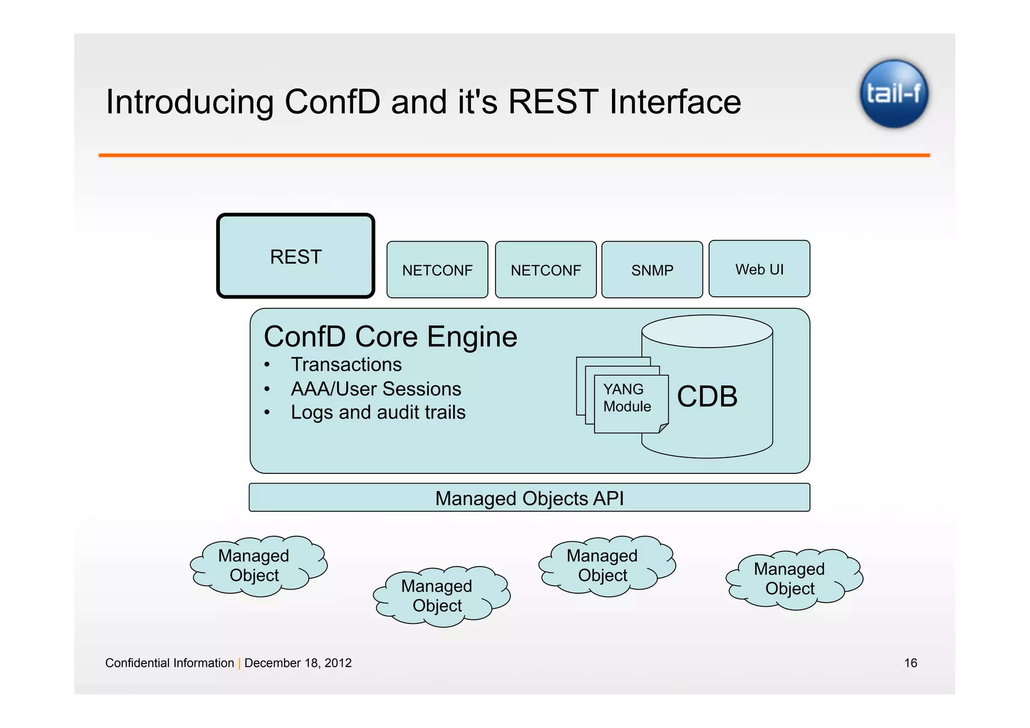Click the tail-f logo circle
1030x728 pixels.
[894, 94]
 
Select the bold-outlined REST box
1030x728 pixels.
[296, 256]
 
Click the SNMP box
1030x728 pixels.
[652, 270]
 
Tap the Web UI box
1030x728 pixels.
[759, 269]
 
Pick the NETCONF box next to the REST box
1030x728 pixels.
[437, 270]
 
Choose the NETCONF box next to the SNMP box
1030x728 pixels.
[546, 270]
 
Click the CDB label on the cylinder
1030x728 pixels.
[707, 396]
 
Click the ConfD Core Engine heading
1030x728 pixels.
[390, 337]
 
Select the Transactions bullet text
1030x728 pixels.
[346, 364]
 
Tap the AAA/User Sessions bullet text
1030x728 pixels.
[376, 389]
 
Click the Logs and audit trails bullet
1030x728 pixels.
[378, 412]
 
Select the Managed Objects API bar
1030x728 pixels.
[529, 498]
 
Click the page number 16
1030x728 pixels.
[910, 663]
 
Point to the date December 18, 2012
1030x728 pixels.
[298, 663]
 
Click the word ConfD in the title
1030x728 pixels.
[332, 102]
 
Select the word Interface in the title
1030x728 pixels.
[675, 102]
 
